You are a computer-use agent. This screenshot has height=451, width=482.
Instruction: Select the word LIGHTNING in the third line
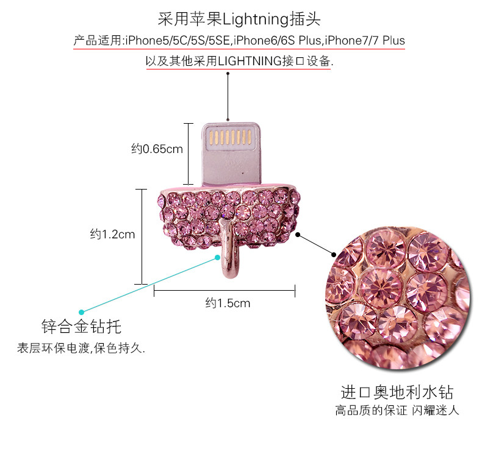point(246,61)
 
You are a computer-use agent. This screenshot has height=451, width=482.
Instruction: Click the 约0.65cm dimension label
point(157,149)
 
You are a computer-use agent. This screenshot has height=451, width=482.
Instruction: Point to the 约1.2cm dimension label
point(112,234)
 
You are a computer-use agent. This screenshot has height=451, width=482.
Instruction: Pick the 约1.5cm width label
point(228,303)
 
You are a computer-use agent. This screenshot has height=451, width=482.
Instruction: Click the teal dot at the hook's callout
point(217,258)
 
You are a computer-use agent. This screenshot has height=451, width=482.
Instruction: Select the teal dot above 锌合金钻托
point(82,312)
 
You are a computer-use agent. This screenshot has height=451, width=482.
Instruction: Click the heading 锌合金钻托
point(81,327)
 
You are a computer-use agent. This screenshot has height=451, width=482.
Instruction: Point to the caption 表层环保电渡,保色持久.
point(81,349)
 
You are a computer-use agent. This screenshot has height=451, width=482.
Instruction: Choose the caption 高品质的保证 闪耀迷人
point(397,410)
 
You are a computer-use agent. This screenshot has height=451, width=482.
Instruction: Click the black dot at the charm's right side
point(297,233)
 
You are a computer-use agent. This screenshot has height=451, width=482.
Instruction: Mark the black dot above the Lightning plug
point(228,74)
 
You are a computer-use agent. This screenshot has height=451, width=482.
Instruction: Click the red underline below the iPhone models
point(239,49)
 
